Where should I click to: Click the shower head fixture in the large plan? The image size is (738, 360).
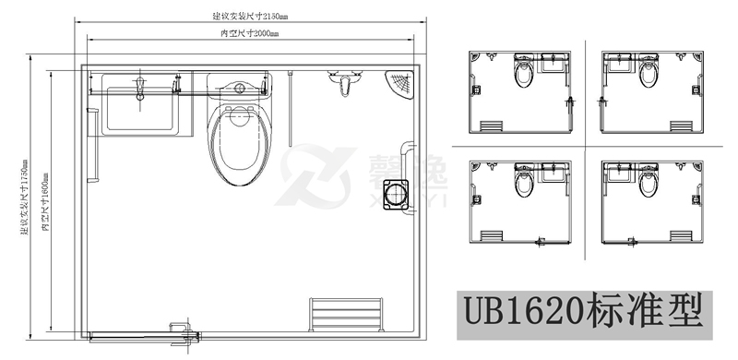point(345,85)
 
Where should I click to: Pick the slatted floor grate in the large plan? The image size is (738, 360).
point(347,314)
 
